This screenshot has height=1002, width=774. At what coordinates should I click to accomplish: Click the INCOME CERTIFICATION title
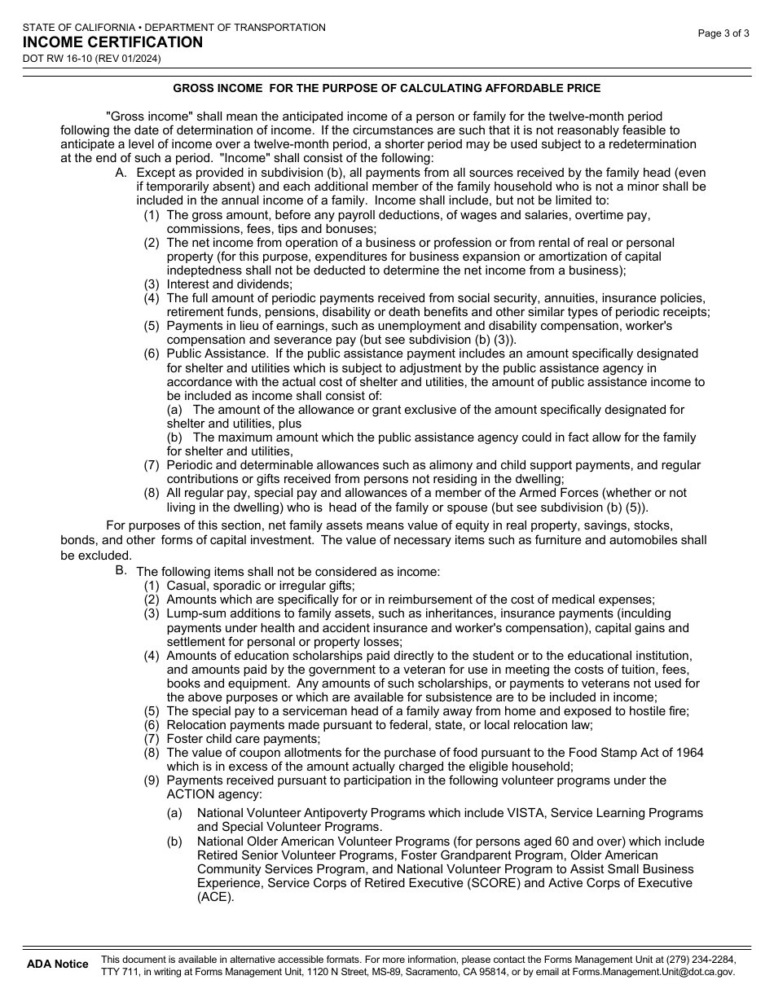112,42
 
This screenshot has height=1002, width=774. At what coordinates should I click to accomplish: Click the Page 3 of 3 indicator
723,33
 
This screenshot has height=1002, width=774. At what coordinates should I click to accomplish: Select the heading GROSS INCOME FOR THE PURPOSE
386,88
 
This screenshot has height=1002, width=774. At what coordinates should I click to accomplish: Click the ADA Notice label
58,964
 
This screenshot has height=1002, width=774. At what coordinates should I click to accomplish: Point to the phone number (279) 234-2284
698,959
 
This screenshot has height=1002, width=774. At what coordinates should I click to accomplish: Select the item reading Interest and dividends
229,284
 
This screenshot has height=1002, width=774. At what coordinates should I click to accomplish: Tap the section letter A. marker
121,173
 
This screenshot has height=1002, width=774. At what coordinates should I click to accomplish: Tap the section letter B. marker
121,570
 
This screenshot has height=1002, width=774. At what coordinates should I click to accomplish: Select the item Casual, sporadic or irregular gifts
261,586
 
